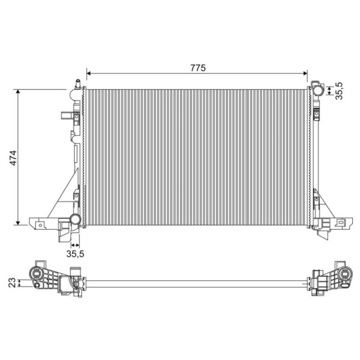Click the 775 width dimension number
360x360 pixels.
[198, 68]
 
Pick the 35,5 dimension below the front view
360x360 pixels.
[75, 254]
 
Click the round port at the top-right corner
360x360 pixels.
[317, 88]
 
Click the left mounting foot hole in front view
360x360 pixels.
[40, 224]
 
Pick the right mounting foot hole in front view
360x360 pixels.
[341, 224]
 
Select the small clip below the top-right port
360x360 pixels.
[316, 115]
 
